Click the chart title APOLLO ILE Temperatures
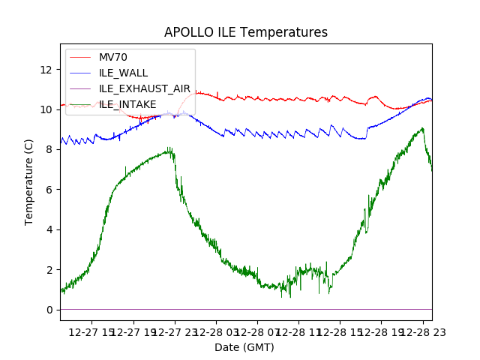(x=246, y=33)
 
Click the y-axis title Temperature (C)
(x=29, y=182)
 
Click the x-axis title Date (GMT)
(x=244, y=347)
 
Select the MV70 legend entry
(x=113, y=57)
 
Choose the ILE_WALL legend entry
(x=123, y=73)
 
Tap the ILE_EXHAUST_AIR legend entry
(x=145, y=88)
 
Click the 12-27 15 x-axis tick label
(x=92, y=332)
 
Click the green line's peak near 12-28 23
(x=423, y=128)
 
